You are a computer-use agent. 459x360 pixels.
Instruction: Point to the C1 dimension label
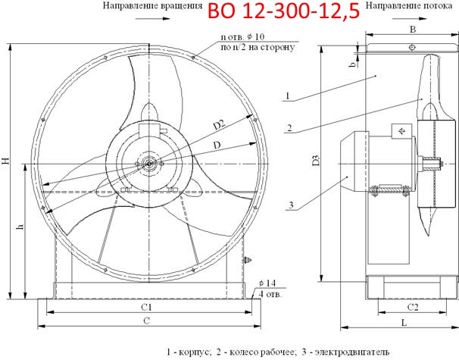tap(148, 307)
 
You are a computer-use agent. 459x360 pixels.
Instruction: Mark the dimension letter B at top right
tap(412, 30)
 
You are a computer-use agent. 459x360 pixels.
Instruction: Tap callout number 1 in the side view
tap(289, 95)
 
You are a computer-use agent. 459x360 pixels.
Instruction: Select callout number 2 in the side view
tap(289, 127)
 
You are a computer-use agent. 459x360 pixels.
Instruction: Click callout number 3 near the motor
tap(289, 204)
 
